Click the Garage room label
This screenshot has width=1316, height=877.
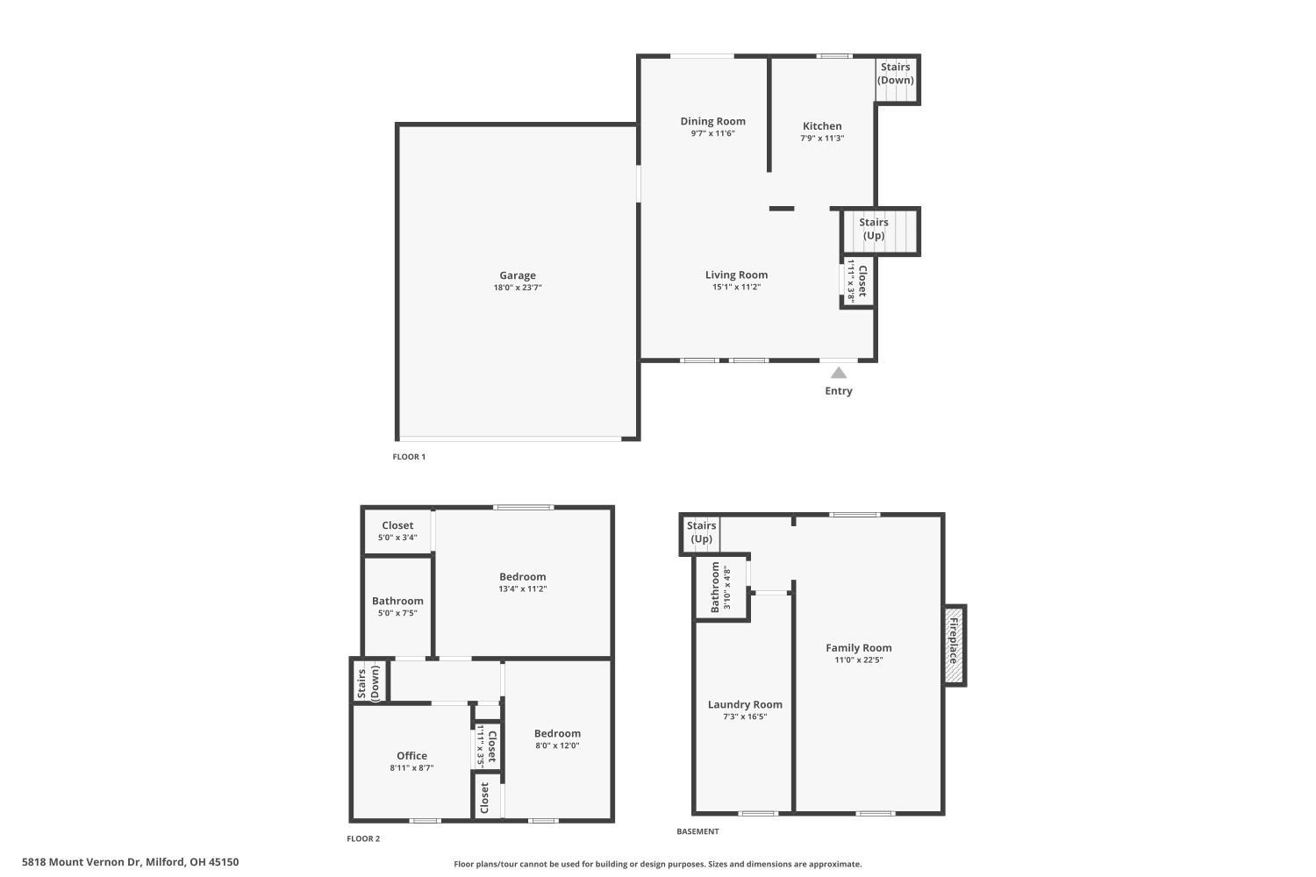coord(518,275)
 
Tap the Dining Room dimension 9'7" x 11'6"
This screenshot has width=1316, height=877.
coord(712,134)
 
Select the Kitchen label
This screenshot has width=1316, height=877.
coord(822,125)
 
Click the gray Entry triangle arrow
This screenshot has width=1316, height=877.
coord(839,373)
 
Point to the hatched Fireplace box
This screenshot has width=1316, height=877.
coord(954,645)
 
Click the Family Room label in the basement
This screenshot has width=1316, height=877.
coord(858,648)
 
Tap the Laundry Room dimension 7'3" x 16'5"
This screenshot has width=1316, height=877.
coord(745,717)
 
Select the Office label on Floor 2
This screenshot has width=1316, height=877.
coord(411,755)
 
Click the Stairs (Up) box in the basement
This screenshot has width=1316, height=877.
coord(701,532)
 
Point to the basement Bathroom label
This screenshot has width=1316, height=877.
coord(715,587)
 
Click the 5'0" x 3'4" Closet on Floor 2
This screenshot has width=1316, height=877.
coord(397,531)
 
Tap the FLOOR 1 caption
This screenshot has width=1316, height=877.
coord(409,457)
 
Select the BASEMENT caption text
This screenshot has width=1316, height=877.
coord(697,831)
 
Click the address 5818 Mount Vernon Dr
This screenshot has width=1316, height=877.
coord(130,862)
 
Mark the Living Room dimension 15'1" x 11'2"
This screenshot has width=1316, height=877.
coord(736,287)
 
